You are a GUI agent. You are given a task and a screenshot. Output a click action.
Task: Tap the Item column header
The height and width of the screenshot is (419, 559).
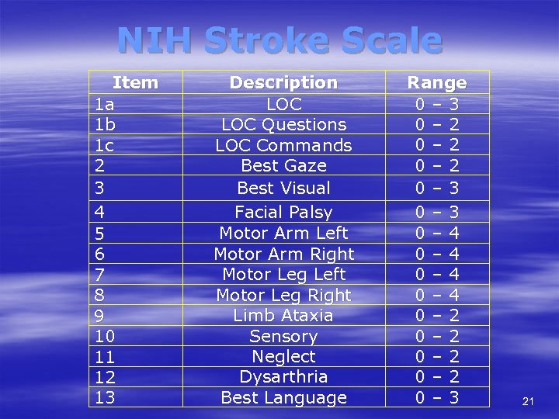[x=135, y=82]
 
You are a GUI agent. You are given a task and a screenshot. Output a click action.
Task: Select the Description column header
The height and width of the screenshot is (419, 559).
[x=283, y=82]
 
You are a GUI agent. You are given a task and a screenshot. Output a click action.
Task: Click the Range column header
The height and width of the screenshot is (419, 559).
[x=437, y=82]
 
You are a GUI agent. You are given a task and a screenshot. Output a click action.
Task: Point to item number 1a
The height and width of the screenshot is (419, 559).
[x=104, y=103]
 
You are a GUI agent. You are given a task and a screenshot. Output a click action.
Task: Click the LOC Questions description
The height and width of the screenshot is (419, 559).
[x=283, y=124]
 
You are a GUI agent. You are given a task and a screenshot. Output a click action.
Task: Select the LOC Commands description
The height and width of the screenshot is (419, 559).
[x=283, y=145]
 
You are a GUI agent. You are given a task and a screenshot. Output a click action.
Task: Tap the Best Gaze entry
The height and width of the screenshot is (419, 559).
[x=283, y=165]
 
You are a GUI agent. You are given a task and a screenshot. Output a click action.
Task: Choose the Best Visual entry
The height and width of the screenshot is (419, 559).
[x=283, y=187]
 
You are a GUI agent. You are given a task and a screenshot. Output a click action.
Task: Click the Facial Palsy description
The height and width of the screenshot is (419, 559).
[x=283, y=212]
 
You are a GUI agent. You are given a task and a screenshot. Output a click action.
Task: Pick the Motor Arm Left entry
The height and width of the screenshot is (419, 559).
[x=283, y=233]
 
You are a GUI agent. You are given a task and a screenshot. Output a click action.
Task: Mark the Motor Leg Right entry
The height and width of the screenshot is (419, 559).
[x=283, y=295]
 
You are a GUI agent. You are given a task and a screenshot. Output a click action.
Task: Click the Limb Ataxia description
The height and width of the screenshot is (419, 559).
[x=283, y=315]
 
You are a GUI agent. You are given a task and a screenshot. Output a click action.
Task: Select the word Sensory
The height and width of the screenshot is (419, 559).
[x=283, y=336]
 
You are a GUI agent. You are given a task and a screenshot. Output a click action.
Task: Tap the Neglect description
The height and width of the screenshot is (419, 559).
[x=283, y=356]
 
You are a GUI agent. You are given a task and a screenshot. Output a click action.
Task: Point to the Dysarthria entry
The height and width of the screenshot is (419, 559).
[x=283, y=376]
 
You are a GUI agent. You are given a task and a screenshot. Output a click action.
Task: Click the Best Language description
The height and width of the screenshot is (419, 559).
[x=283, y=397]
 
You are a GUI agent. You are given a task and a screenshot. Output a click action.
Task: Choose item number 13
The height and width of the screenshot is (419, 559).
[x=104, y=397]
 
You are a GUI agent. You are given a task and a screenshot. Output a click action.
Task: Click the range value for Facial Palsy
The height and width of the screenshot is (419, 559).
[x=437, y=212]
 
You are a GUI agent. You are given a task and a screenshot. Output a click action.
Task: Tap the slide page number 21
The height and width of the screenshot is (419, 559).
[x=528, y=400]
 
